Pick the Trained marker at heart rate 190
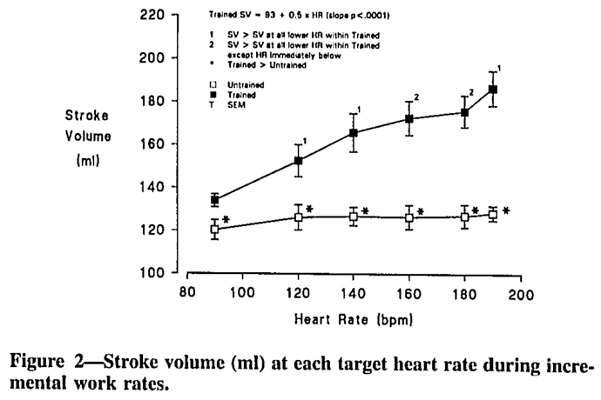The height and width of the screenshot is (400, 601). (x=493, y=90)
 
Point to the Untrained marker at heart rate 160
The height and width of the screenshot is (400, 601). (x=409, y=218)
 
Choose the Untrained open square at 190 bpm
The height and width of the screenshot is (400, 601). (x=493, y=215)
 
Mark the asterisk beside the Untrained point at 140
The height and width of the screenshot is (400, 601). (x=365, y=211)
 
